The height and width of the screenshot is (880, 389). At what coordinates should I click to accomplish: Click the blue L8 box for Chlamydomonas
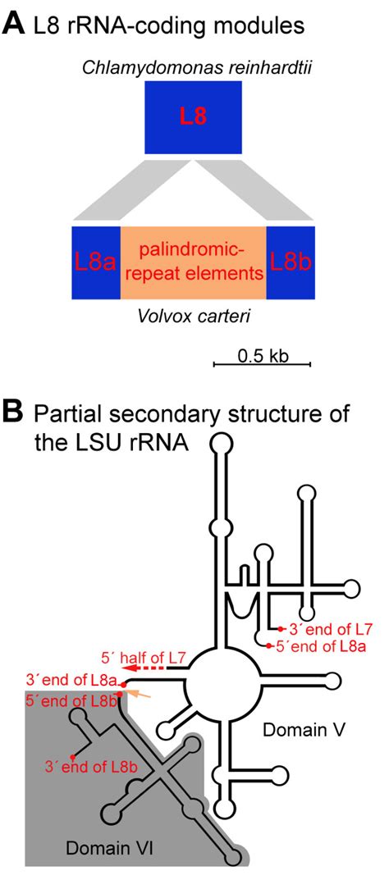pos(193,117)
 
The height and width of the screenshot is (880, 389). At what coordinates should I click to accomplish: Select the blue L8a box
pos(96,262)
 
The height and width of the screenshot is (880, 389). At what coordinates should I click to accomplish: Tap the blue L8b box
pos(290,262)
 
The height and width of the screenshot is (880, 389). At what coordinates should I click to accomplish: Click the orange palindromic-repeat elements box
pos(193,262)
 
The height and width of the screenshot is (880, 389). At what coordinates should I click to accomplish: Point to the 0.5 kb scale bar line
pos(262,365)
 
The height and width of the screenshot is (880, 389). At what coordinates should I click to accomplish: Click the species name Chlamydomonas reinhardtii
pos(193,68)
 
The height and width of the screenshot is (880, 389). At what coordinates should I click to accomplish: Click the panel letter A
pos(13,25)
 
